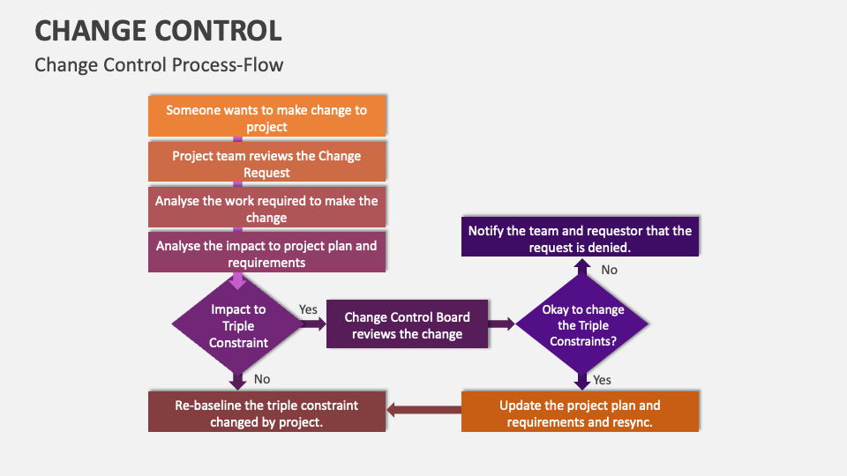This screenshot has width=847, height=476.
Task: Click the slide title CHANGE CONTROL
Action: [x=158, y=30]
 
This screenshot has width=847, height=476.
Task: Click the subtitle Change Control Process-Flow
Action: [x=159, y=65]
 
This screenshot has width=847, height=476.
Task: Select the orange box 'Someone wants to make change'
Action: [x=266, y=118]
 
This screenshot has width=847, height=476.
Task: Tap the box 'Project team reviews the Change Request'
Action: [x=266, y=164]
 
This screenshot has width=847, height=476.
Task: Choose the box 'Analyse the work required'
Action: [x=266, y=209]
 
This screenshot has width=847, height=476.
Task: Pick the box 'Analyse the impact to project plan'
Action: [x=266, y=254]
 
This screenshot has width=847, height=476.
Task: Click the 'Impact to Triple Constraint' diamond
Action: [x=237, y=325]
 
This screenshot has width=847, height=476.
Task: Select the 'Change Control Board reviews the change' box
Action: [x=407, y=325]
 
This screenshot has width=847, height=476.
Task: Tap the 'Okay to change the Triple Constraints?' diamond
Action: [x=582, y=325]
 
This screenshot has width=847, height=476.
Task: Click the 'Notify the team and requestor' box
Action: [x=580, y=238]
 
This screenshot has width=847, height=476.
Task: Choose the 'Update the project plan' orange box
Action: [x=580, y=413]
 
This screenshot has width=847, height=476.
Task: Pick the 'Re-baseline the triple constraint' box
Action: [x=266, y=413]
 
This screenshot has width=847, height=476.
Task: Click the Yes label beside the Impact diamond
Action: [x=308, y=309]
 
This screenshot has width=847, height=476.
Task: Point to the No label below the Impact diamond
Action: [x=262, y=378]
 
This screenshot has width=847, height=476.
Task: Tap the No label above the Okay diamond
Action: [x=609, y=270]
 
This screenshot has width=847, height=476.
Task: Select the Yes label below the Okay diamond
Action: [x=602, y=380]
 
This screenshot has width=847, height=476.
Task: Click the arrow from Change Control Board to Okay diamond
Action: [x=501, y=324]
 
